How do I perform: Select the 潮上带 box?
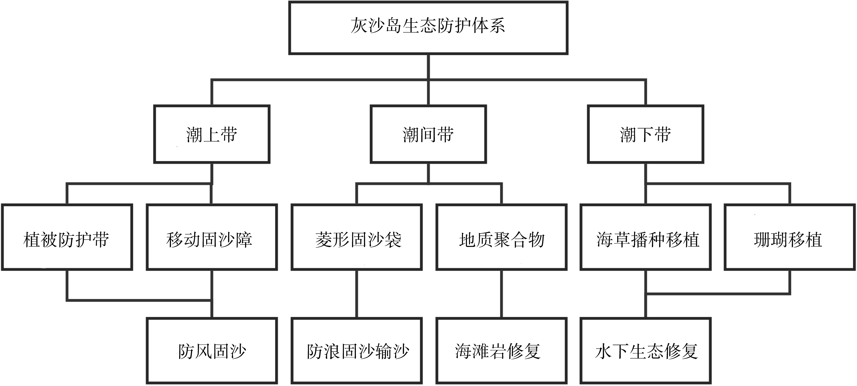212,134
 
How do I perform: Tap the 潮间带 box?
428,134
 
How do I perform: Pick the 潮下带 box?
645,134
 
